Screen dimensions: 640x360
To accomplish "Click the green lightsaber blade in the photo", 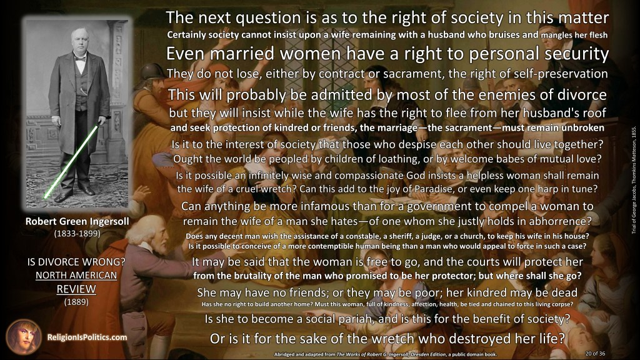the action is (x=71, y=162).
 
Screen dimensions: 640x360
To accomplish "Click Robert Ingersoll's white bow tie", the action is (x=79, y=58).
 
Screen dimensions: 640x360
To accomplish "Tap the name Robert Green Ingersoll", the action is (x=77, y=221).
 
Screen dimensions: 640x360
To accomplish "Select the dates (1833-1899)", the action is (x=77, y=234).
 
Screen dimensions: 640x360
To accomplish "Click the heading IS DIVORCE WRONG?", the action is (x=76, y=262).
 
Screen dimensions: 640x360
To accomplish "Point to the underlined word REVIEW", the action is (x=76, y=289).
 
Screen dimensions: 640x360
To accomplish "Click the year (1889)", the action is (x=76, y=302).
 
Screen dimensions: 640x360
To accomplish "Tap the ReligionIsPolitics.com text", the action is (x=87, y=337).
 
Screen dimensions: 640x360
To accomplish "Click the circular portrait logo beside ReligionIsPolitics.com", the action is (x=23, y=337).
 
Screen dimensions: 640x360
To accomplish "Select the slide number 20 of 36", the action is (x=595, y=354).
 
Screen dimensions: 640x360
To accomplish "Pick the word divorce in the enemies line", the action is (x=581, y=95).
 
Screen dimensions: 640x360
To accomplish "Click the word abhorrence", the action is (x=558, y=221).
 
